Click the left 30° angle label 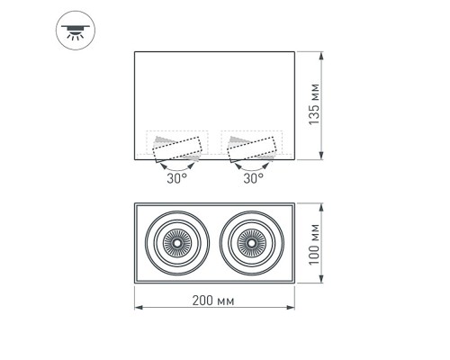pyautogui.click(x=175, y=178)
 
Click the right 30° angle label pyautogui.click(x=253, y=178)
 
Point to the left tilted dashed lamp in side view pyautogui.click(x=176, y=148)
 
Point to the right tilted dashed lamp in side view pyautogui.click(x=253, y=148)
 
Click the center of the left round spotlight pyautogui.click(x=176, y=243)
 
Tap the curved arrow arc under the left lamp pyautogui.click(x=175, y=166)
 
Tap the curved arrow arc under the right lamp pyautogui.click(x=252, y=166)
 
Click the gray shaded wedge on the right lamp pyautogui.click(x=237, y=142)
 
